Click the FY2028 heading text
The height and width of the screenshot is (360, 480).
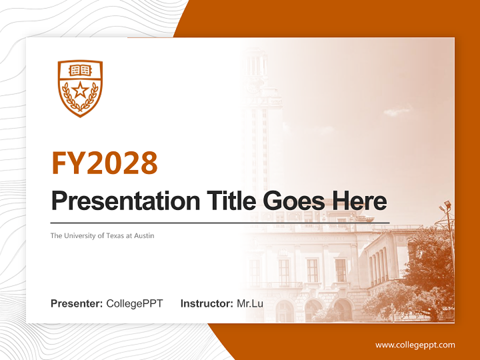click(x=104, y=163)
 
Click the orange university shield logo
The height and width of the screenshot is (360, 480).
click(x=80, y=88)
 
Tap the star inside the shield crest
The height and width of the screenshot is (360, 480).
click(x=80, y=91)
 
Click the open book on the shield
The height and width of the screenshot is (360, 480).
click(x=80, y=70)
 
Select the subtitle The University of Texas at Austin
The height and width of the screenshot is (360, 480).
click(x=102, y=235)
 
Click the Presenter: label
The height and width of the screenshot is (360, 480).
click(x=77, y=303)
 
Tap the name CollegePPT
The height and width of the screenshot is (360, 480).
click(x=134, y=303)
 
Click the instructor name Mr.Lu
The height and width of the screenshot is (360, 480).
click(x=250, y=303)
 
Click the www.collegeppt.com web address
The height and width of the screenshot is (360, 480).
click(x=415, y=345)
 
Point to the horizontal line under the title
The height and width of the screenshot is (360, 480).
click(x=220, y=222)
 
